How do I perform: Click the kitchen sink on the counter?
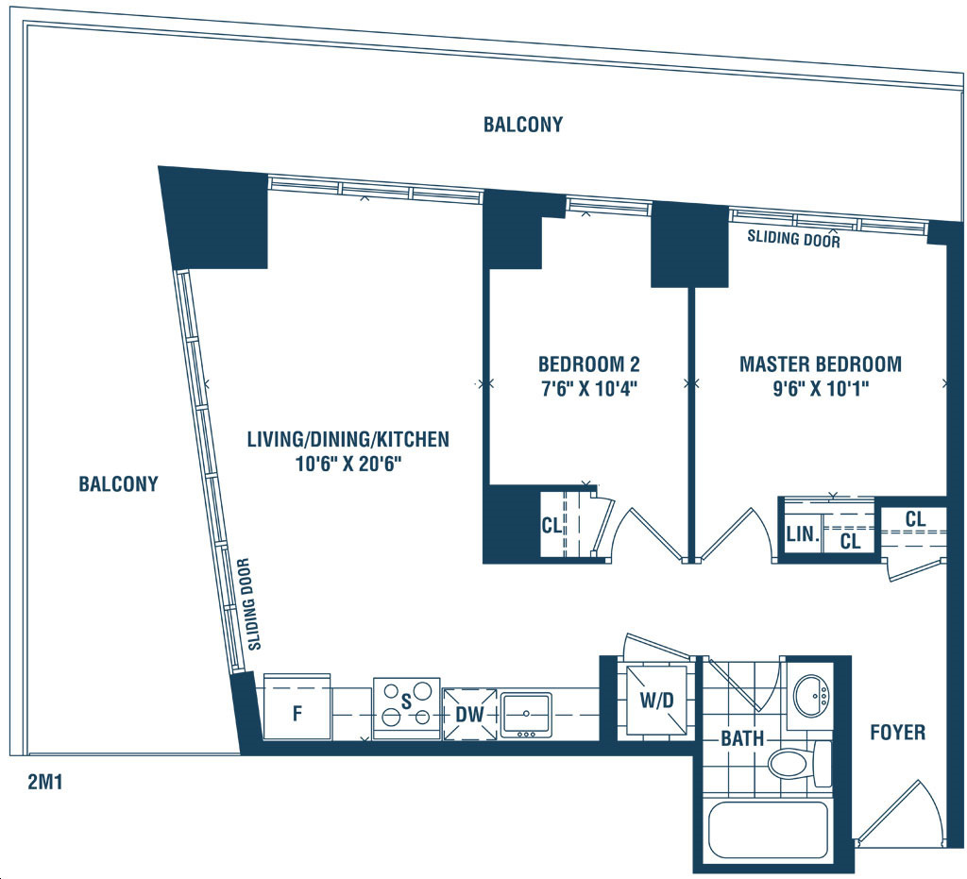pyautogui.click(x=526, y=714)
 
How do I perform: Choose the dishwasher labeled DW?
pyautogui.click(x=469, y=714)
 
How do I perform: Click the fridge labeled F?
pyautogui.click(x=297, y=706)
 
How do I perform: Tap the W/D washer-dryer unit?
pyautogui.click(x=657, y=701)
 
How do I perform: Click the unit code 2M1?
pyautogui.click(x=45, y=782)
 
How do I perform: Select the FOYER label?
pyautogui.click(x=897, y=733)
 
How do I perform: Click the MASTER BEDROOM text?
pyautogui.click(x=821, y=363)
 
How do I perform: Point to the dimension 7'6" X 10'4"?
pyautogui.click(x=589, y=390)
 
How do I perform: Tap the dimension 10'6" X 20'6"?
pyautogui.click(x=348, y=464)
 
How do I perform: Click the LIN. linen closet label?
pyautogui.click(x=803, y=533)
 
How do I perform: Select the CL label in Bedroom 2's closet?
pyautogui.click(x=551, y=525)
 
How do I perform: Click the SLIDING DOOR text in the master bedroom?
pyautogui.click(x=793, y=238)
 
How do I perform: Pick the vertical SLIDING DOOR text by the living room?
pyautogui.click(x=249, y=604)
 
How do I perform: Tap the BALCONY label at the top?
pyautogui.click(x=523, y=125)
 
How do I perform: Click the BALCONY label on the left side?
pyautogui.click(x=118, y=484)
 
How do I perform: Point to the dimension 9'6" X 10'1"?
pyautogui.click(x=821, y=390)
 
